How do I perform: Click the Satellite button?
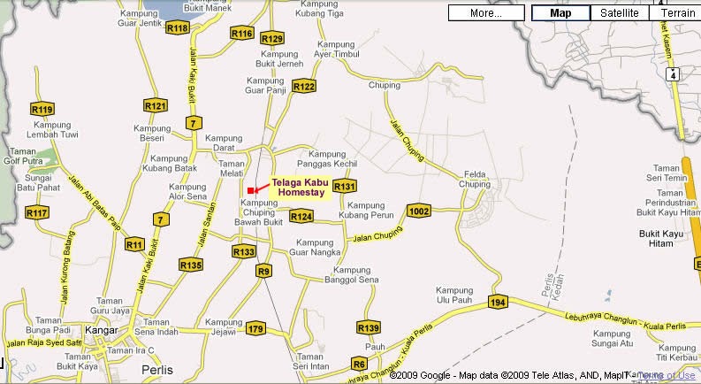(619, 13)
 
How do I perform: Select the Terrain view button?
(678, 13)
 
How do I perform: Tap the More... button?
(486, 13)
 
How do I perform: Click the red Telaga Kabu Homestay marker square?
(252, 190)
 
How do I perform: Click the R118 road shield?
(178, 28)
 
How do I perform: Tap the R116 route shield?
(242, 34)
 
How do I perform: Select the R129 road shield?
(272, 39)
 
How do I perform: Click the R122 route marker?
(304, 86)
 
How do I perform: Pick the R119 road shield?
(42, 110)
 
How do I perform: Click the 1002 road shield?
(419, 210)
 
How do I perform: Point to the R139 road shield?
(370, 328)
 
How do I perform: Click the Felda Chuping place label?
(475, 180)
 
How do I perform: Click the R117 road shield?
(37, 213)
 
